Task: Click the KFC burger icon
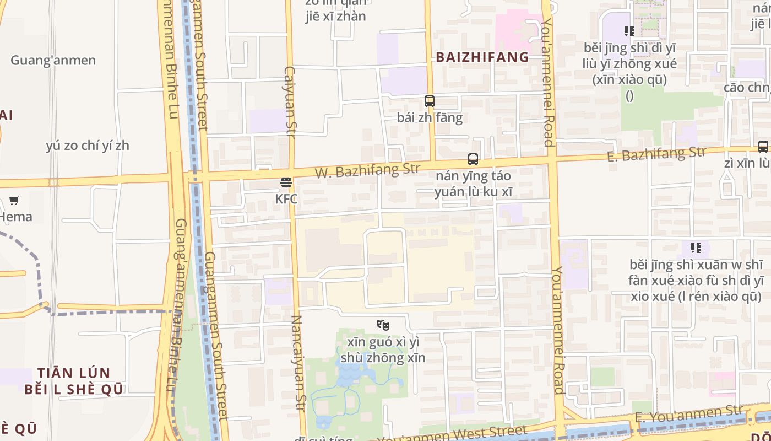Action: [x=286, y=182]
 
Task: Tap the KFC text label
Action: [x=286, y=198]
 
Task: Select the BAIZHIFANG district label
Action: [x=482, y=57]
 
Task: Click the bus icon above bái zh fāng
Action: [x=430, y=101]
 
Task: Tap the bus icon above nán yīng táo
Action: [x=473, y=159]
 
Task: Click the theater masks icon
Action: [x=383, y=325]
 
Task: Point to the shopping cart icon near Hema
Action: [x=14, y=200]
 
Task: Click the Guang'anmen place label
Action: [x=53, y=60]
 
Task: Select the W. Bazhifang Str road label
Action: [x=367, y=170]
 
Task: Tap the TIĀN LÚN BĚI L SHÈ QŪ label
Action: [x=74, y=381]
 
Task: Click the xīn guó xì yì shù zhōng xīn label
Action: [x=383, y=349]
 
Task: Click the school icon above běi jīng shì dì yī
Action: [x=629, y=31]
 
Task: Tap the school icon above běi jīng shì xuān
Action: [x=696, y=248]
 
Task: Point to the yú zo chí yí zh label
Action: [x=88, y=146]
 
